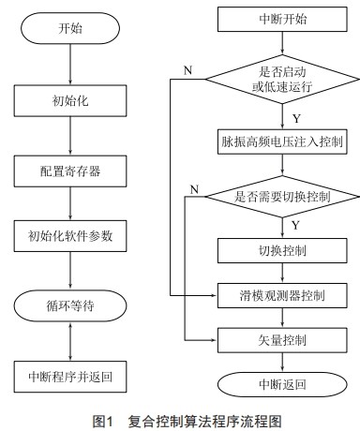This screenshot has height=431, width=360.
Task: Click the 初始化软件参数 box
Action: tap(72, 235)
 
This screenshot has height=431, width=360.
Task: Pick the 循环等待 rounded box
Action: tap(72, 305)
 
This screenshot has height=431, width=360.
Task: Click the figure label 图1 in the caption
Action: tap(103, 421)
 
